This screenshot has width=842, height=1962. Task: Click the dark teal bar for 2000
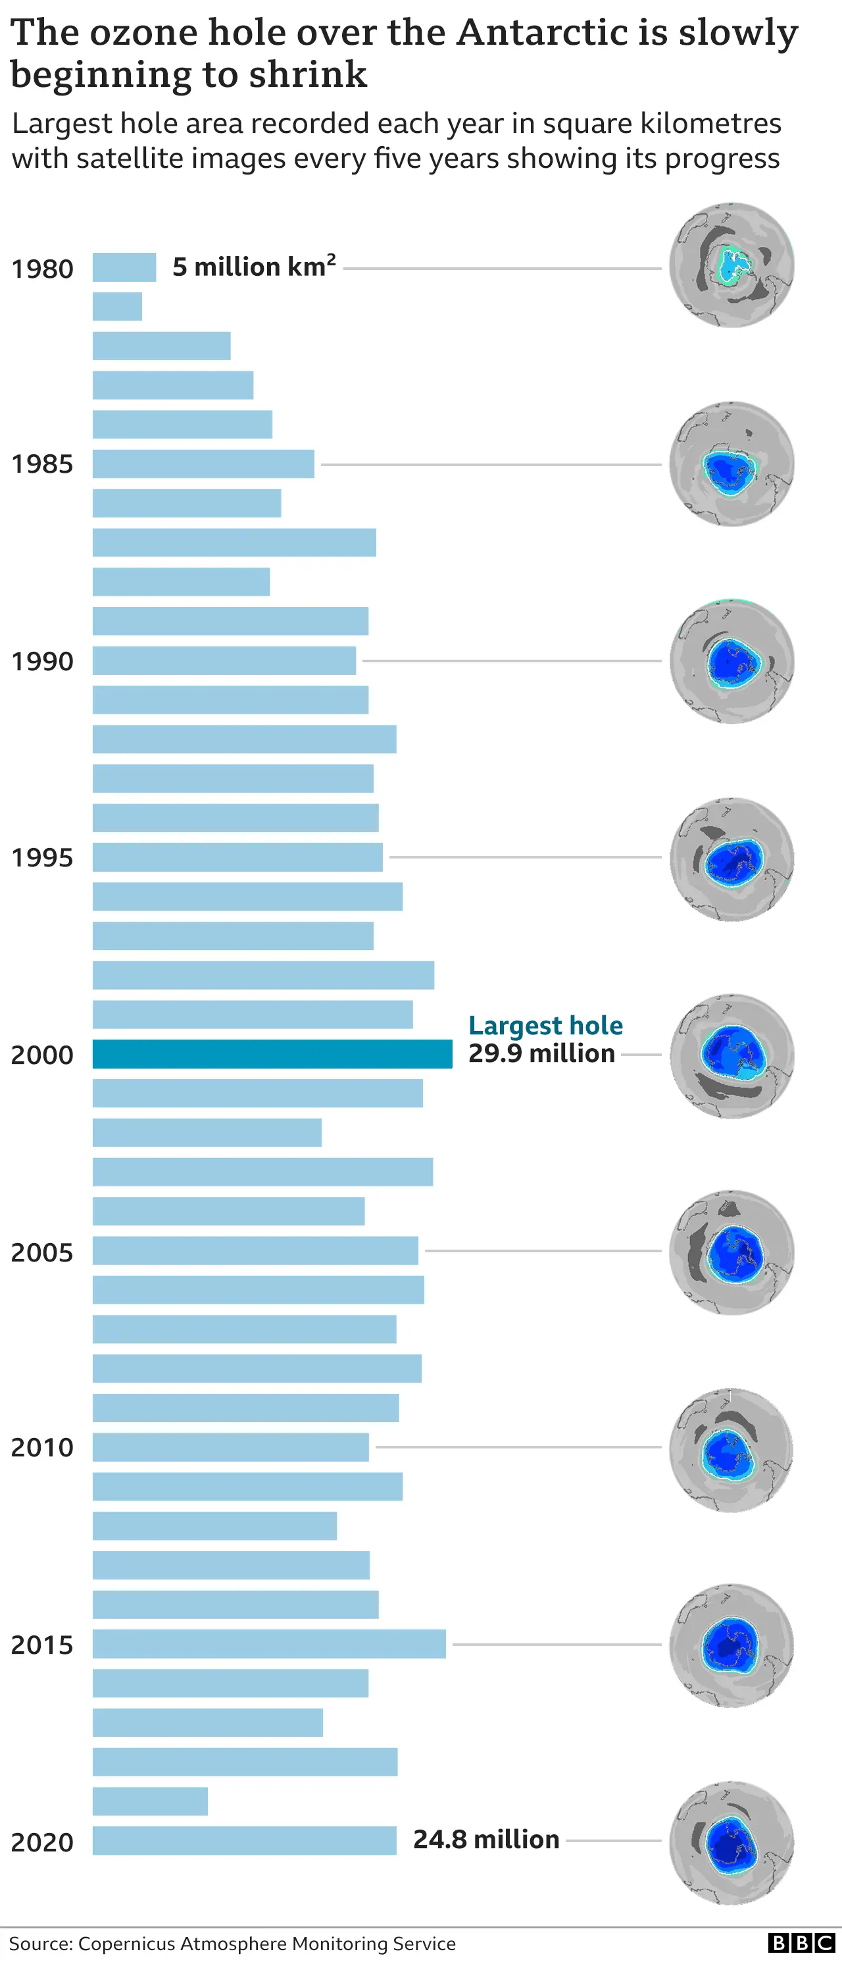272,1054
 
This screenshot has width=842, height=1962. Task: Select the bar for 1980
124,267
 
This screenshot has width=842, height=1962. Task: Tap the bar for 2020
245,1840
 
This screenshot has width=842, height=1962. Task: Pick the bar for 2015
269,1643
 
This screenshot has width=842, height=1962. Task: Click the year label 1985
42,464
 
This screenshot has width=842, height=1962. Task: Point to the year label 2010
42,1447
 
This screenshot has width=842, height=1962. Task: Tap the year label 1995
42,858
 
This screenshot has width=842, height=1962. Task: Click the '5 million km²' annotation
253,267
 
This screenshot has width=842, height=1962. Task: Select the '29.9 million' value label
541,1053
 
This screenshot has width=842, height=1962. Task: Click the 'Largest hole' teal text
545,1025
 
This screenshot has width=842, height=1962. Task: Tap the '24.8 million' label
485,1840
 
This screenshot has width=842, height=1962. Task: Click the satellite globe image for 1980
731,265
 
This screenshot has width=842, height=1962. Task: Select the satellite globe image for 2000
731,1055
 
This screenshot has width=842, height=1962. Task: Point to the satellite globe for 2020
731,1843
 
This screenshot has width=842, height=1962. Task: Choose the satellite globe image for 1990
731,661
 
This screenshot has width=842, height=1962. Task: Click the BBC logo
801,1943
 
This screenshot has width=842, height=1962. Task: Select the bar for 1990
224,660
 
